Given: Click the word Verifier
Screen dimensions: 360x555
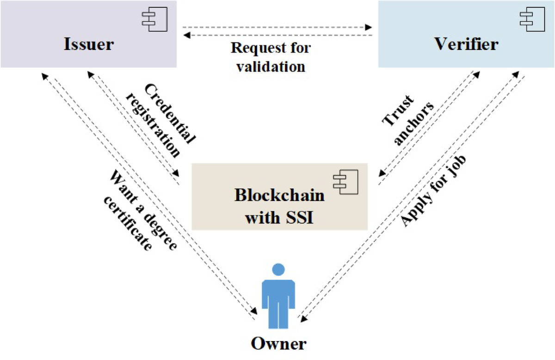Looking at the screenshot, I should click(x=467, y=44).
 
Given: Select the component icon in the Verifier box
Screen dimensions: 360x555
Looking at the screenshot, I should click(x=529, y=18).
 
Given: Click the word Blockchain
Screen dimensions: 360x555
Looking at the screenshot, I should click(x=279, y=195).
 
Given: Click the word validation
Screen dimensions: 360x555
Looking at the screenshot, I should click(x=271, y=66).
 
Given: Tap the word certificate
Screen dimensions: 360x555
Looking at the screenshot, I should click(x=128, y=222).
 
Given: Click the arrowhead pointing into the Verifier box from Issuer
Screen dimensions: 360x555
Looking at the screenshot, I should click(x=369, y=27).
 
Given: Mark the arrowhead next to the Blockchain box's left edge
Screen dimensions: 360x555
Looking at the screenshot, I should click(x=177, y=173).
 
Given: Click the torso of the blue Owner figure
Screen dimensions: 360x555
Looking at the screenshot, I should click(x=278, y=291).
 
